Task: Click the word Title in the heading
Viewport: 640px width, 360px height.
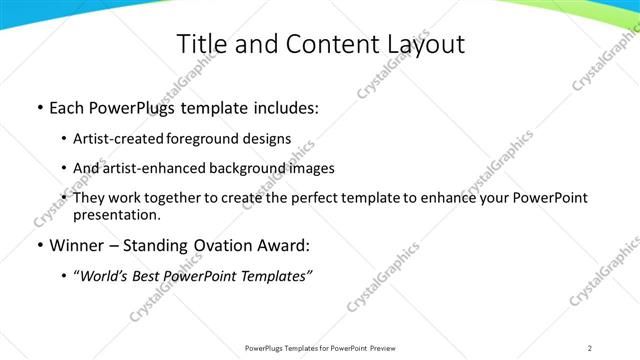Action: click(x=201, y=44)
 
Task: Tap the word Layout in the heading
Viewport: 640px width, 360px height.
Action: click(x=424, y=44)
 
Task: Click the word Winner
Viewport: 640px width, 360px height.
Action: click(x=77, y=244)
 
